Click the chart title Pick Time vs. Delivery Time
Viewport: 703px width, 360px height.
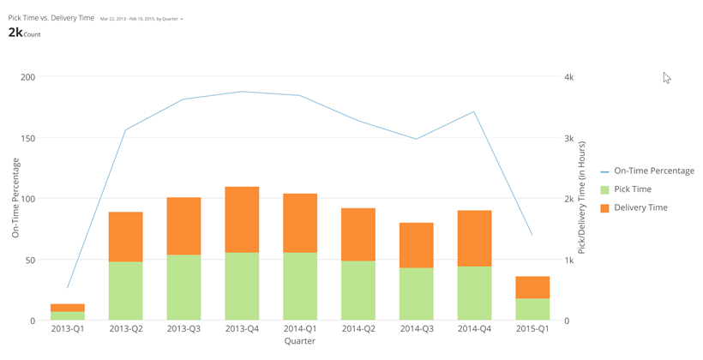point(51,18)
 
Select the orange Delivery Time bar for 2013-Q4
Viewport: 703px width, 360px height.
point(242,219)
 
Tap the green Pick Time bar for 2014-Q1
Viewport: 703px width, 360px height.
point(299,286)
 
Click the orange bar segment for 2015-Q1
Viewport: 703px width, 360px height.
point(532,287)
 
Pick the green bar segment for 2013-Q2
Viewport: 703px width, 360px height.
point(125,291)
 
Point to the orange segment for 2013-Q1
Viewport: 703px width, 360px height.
point(68,308)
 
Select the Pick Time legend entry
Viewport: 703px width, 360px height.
point(633,189)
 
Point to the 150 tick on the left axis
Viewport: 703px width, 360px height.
point(27,138)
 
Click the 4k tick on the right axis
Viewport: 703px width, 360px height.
point(568,77)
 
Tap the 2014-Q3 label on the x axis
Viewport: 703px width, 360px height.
point(416,329)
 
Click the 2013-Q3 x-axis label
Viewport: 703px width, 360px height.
point(183,329)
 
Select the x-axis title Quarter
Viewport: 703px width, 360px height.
point(299,341)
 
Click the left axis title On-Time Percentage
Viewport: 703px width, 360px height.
point(15,198)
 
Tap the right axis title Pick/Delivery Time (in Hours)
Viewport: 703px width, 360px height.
point(582,198)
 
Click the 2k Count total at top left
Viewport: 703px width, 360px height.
point(24,33)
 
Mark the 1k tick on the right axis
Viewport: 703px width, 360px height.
point(568,260)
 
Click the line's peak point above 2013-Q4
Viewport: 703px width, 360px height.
point(242,92)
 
